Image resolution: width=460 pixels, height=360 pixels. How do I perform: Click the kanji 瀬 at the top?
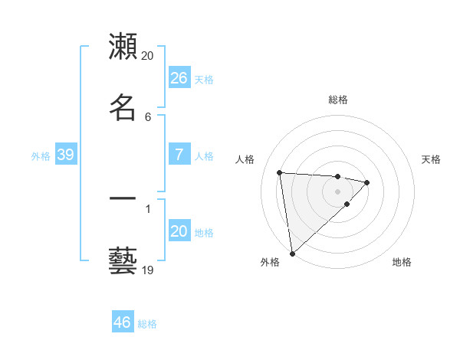coord(123,47)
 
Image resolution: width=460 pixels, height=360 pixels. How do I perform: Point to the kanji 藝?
coord(123,260)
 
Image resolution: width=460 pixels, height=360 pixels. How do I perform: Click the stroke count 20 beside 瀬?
coord(148,56)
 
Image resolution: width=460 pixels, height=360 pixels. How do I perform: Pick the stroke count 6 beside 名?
coord(148,116)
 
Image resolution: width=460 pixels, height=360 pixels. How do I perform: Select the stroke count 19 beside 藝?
coord(148,270)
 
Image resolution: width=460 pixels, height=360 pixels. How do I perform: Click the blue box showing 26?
coord(179,78)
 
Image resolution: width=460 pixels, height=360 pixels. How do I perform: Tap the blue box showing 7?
coord(179,155)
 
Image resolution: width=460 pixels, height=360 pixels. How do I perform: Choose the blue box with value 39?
coord(65,155)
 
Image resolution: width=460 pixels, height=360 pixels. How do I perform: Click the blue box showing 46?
coord(122,322)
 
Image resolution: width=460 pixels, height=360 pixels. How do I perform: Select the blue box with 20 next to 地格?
coord(179,231)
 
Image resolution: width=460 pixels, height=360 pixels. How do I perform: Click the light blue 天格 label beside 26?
coord(204,80)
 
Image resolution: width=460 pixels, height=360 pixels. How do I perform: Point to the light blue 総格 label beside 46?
coord(147,324)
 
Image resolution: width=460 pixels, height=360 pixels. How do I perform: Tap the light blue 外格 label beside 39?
coord(41,156)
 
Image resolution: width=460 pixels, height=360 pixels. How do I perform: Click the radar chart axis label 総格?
coord(338,100)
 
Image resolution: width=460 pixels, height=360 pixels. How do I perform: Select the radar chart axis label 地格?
coord(402,262)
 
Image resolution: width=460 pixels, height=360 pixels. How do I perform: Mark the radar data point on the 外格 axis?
coord(292,253)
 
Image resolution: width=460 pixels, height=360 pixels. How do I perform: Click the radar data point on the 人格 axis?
coord(280,172)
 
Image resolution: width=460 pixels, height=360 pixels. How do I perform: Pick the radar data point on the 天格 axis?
coord(367,182)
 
